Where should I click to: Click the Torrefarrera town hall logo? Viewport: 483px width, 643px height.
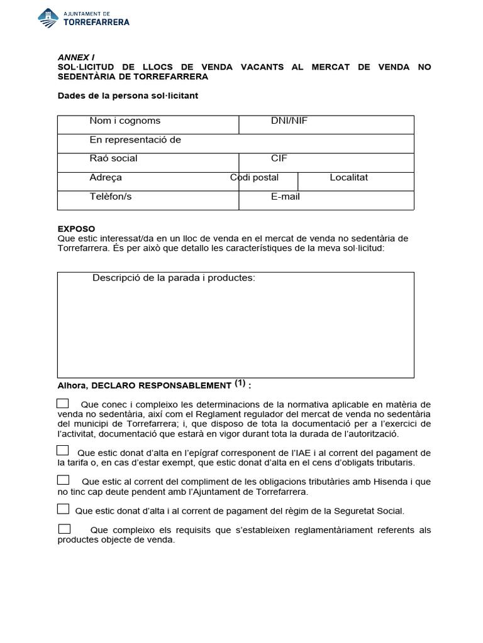click(x=84, y=18)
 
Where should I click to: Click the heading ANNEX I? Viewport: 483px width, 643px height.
click(x=75, y=57)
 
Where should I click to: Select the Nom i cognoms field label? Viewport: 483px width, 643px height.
click(x=125, y=121)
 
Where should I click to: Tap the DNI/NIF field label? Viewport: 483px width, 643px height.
click(x=289, y=121)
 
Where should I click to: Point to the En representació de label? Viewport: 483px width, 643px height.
click(x=135, y=139)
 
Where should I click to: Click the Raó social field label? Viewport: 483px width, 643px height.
click(x=113, y=158)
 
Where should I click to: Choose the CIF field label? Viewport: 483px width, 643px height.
click(x=279, y=158)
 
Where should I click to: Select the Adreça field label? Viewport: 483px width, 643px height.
click(x=106, y=177)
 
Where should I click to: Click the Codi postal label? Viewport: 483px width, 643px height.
click(x=254, y=177)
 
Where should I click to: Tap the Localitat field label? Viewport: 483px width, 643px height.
click(x=349, y=177)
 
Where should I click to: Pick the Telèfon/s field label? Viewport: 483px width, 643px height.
click(x=111, y=197)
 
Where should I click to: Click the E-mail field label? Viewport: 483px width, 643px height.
click(x=286, y=197)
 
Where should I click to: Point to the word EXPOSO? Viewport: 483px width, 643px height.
click(x=76, y=229)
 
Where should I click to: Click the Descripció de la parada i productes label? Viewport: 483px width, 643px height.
click(x=174, y=278)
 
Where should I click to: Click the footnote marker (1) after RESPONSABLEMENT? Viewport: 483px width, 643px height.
click(x=240, y=383)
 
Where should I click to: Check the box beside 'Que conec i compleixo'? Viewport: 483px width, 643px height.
click(x=63, y=403)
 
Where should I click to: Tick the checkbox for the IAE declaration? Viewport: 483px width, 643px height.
click(x=63, y=450)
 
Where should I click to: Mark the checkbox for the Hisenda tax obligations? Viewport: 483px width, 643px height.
click(x=63, y=480)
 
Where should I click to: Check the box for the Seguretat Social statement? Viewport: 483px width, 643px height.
click(x=63, y=509)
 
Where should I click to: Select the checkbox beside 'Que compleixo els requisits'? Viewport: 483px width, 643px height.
click(x=64, y=529)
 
